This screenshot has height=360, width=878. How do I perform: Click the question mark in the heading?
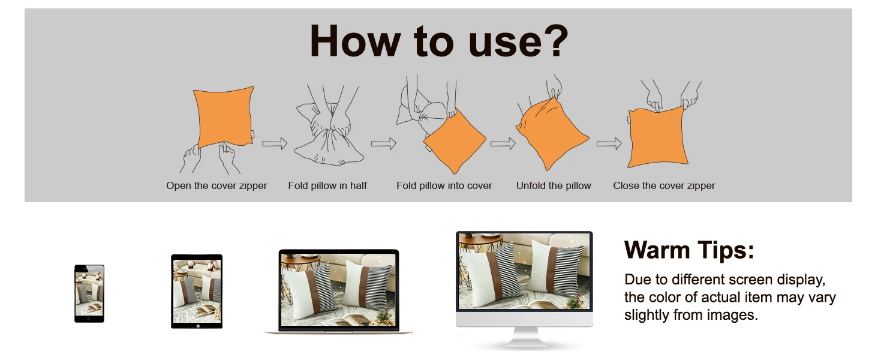pos(553,40)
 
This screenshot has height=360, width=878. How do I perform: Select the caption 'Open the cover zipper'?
pos(217,185)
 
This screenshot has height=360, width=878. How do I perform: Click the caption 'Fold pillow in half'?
pos(327,185)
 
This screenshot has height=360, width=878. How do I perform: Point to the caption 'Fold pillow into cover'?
pos(444,185)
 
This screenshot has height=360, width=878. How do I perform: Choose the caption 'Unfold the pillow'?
pos(554,185)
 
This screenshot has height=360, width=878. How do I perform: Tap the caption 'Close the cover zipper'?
pos(664,185)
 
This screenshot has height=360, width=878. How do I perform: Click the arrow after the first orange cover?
pos(275,143)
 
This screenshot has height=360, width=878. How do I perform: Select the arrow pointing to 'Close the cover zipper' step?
pos(609,143)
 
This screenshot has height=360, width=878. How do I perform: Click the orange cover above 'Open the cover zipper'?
pos(224,117)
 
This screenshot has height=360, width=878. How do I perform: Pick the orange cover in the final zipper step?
pos(657,137)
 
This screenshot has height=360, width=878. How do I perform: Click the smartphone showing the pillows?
pos(89,294)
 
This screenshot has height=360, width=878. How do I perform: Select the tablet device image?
pos(197,292)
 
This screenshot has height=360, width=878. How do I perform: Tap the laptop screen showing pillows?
pos(339,289)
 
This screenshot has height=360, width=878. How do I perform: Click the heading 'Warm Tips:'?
pos(689,250)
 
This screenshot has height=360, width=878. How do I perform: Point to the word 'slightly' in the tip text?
pos(647,315)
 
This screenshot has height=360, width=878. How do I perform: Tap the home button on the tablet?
pos(197,325)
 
